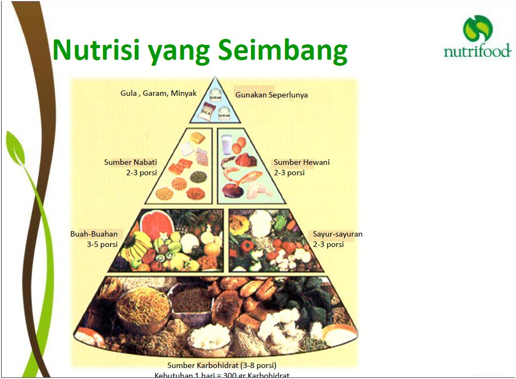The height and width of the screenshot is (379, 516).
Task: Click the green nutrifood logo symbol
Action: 477,29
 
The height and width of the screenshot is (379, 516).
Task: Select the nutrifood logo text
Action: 477,52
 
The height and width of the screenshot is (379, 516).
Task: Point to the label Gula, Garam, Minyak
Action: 158,93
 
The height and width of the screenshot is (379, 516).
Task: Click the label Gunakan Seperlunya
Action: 271,95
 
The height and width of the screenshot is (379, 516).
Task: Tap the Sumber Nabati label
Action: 131,162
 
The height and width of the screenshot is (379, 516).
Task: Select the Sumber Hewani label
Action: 302,162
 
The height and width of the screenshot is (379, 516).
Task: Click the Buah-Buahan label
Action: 94,234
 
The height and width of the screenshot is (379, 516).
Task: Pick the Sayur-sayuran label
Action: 337,234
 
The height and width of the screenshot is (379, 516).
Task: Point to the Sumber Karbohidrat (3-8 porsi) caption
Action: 222,365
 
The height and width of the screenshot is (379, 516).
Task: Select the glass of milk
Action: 226,145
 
